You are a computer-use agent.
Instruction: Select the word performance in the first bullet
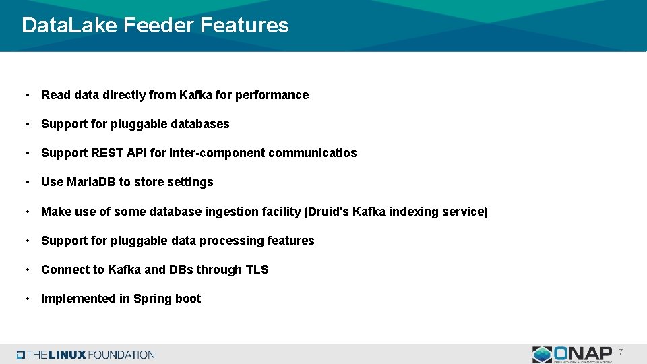[272, 95]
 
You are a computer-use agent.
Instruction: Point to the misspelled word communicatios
[312, 153]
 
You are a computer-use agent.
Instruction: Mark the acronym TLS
[257, 270]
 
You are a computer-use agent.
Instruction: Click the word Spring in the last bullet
[152, 299]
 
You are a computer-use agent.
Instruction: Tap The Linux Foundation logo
[86, 355]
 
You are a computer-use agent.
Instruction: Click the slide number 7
[621, 353]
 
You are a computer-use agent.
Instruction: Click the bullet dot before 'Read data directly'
[26, 95]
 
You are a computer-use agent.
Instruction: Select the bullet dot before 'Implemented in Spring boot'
[26, 299]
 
